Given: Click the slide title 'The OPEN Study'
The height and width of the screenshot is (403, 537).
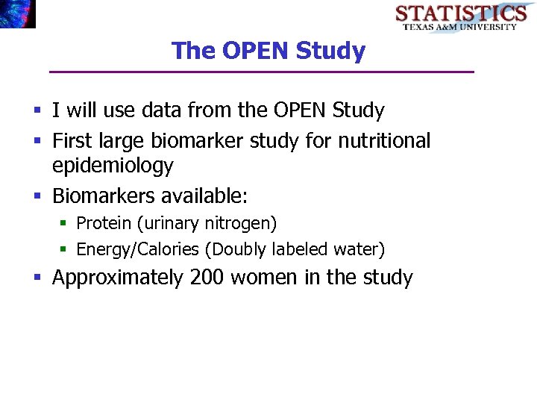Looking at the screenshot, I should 268,51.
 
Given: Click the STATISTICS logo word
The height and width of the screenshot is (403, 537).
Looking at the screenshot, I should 460,13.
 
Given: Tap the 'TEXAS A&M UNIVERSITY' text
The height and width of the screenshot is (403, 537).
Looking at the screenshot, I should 460,27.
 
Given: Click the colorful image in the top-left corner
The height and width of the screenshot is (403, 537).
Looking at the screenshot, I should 17,13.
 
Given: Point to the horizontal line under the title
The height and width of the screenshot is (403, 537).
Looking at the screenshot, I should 261,72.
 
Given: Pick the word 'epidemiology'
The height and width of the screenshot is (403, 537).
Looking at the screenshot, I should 113,166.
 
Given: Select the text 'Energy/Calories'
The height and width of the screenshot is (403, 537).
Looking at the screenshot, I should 137,249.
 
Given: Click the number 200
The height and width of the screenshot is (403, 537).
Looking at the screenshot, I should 207,278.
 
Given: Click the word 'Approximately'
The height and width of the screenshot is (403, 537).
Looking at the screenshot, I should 118,278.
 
